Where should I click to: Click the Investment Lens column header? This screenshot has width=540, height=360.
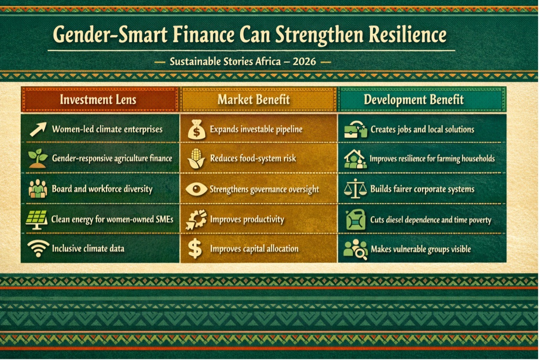(98, 100)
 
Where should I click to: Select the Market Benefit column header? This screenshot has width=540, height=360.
(254, 100)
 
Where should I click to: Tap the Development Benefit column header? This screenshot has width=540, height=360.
(414, 100)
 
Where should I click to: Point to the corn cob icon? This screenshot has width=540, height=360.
(196, 159)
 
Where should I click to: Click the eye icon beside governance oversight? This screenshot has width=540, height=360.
(196, 189)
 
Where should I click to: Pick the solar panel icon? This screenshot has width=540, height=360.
(37, 219)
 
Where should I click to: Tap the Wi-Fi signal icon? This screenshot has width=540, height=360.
(38, 249)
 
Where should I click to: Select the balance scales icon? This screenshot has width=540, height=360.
(355, 189)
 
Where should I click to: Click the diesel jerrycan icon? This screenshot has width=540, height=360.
(356, 219)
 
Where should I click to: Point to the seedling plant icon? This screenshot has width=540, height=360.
(37, 158)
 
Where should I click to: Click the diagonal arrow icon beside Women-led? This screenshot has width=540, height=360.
(38, 129)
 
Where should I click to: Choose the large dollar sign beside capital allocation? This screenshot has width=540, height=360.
(195, 249)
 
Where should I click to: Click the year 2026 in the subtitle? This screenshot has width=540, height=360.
(304, 62)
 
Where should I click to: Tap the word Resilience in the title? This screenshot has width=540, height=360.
(407, 35)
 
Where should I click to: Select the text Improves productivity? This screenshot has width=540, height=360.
(247, 219)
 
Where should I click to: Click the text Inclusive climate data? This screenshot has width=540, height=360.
(88, 249)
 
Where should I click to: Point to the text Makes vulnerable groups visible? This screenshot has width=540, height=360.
(421, 249)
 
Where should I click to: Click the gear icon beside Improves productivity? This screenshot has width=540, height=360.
(196, 219)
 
